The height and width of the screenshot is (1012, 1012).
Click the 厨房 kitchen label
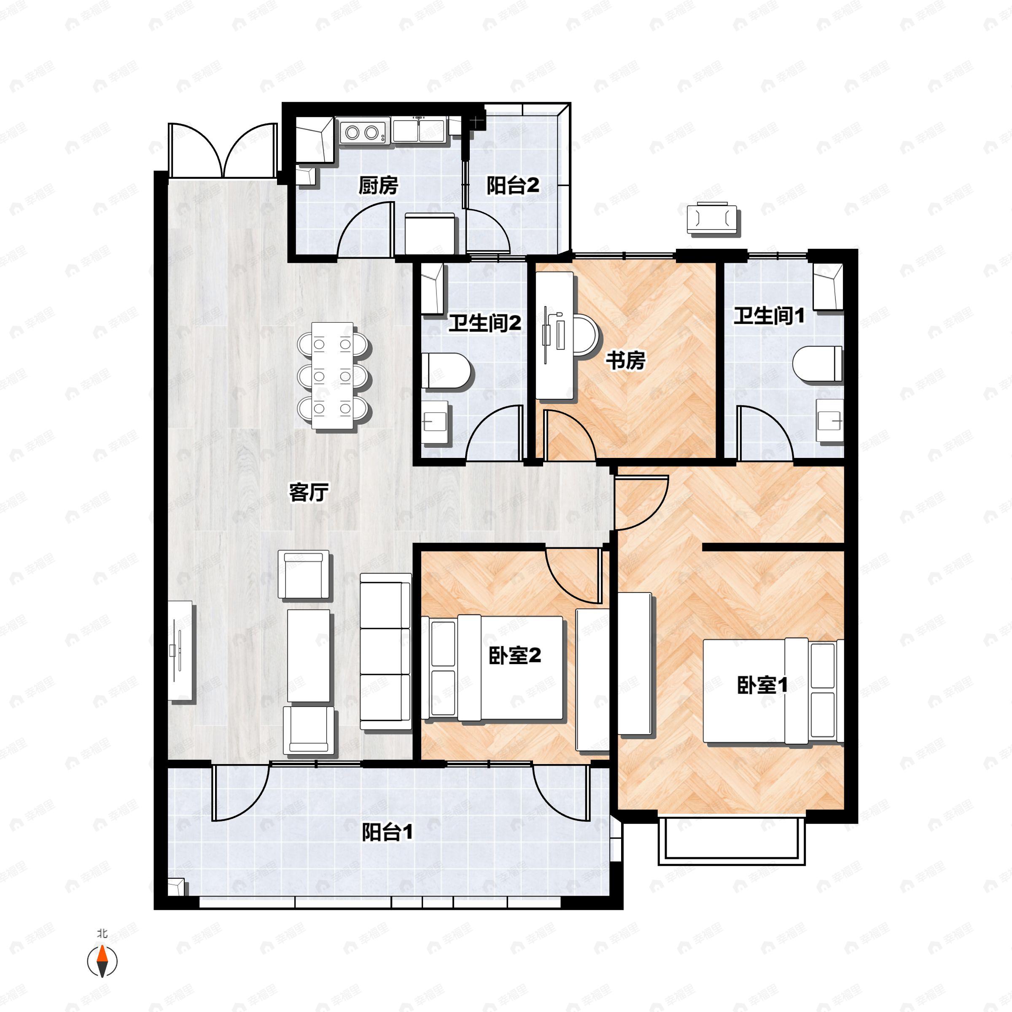(x=378, y=186)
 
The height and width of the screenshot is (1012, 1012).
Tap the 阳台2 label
(x=512, y=186)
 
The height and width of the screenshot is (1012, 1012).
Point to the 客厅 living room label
(x=309, y=492)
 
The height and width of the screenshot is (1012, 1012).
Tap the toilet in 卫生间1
(x=818, y=365)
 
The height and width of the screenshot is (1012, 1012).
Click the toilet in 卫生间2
(x=445, y=371)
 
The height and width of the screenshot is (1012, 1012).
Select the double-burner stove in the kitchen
(x=362, y=132)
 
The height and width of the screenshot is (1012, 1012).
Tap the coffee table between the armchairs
(x=309, y=655)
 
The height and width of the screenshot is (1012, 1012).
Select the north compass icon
(x=102, y=961)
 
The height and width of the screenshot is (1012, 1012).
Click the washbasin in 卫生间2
(x=435, y=422)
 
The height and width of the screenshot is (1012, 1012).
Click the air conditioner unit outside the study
(x=713, y=218)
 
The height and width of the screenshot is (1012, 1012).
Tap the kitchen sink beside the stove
(x=419, y=130)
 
